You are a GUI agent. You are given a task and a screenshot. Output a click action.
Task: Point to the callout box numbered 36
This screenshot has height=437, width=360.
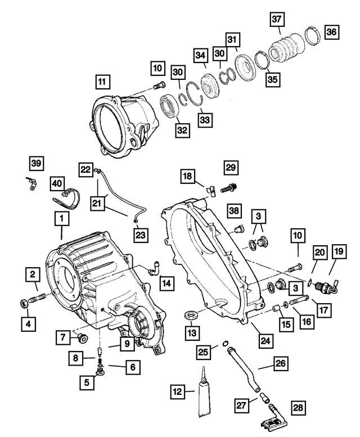point(331,33)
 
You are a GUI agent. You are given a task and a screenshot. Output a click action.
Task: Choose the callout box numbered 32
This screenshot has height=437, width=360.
point(182,129)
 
